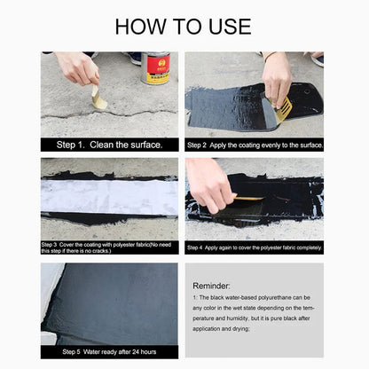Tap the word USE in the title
click(x=226, y=26)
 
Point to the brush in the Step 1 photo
click(x=98, y=98)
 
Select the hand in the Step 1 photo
click(x=77, y=67)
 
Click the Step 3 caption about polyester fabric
click(x=108, y=247)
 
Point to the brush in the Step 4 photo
click(x=248, y=198)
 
